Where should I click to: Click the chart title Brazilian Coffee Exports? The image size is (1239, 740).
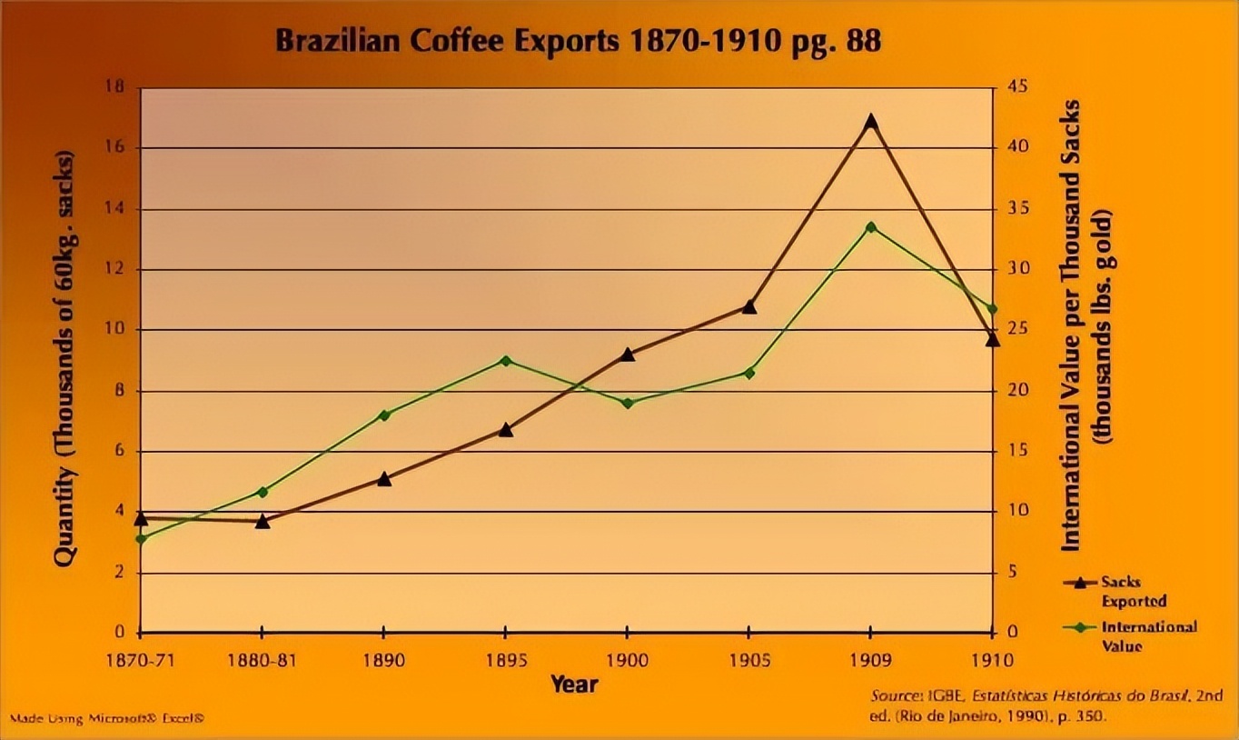click(578, 42)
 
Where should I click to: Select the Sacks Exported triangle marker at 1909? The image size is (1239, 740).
click(870, 121)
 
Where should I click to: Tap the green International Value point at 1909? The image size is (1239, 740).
click(870, 227)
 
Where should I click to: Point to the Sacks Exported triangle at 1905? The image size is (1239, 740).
click(748, 307)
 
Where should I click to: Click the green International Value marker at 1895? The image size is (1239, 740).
click(505, 361)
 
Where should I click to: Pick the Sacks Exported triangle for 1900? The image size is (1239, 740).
click(627, 355)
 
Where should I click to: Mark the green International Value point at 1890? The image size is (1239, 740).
click(383, 415)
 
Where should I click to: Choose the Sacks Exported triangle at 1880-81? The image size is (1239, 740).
click(262, 522)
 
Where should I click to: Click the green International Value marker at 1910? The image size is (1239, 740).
click(992, 309)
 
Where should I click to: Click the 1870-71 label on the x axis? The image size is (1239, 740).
click(140, 659)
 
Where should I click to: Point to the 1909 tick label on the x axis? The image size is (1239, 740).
click(870, 659)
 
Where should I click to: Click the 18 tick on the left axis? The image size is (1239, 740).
click(116, 87)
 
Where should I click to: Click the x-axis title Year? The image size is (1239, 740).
click(574, 684)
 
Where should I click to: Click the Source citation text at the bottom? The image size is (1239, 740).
click(1046, 705)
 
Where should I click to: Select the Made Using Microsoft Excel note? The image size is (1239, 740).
click(106, 718)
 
